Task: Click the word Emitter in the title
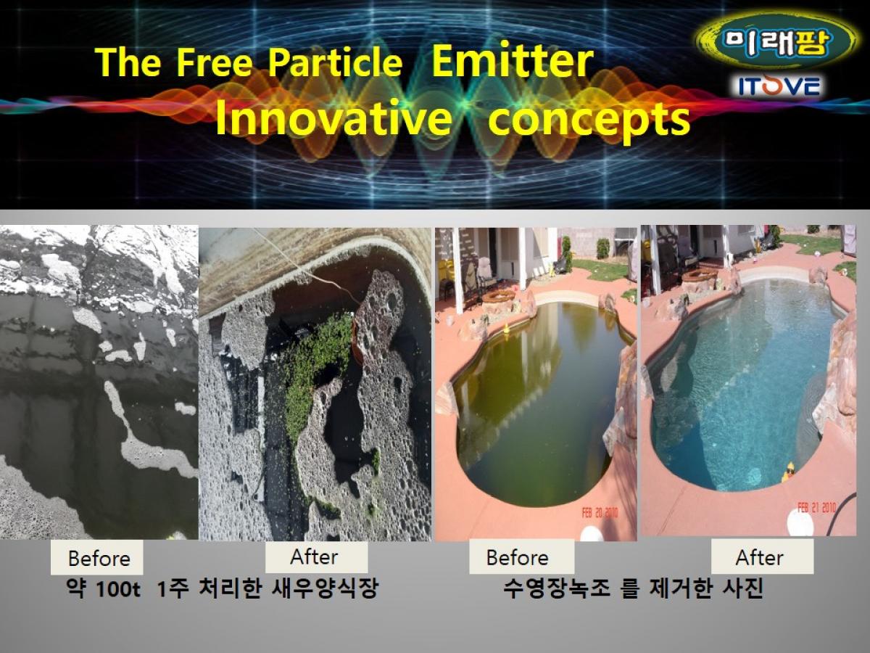[x=513, y=62]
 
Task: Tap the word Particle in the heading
[x=336, y=62]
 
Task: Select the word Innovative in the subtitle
[x=333, y=117]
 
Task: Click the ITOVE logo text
[x=779, y=87]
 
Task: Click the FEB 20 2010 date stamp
[x=600, y=514]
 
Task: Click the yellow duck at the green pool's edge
[x=506, y=327]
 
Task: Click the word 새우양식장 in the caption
[x=325, y=588]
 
